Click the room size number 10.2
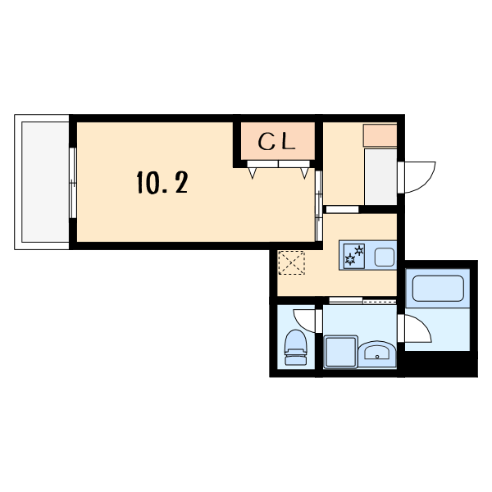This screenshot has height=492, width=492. [x=162, y=182]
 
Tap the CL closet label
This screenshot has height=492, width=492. [x=277, y=142]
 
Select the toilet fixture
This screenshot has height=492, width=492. [x=295, y=348]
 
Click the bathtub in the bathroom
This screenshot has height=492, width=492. [x=438, y=289]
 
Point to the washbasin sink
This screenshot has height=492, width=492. [x=377, y=353]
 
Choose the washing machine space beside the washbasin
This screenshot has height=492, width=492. [x=341, y=351]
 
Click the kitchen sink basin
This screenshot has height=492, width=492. [x=385, y=257]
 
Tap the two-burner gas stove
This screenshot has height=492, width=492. [x=354, y=255]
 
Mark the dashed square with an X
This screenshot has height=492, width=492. [x=291, y=262]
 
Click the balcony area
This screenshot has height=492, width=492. [x=45, y=182]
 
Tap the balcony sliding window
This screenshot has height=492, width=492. [x=73, y=183]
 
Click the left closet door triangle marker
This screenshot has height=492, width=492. [x=253, y=173]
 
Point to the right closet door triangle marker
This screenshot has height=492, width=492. [x=304, y=173]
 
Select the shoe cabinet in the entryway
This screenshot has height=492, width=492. [x=380, y=135]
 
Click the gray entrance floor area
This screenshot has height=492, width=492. [x=380, y=176]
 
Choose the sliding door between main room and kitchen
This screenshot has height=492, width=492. [x=319, y=206]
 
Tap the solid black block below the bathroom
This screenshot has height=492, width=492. [x=441, y=363]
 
